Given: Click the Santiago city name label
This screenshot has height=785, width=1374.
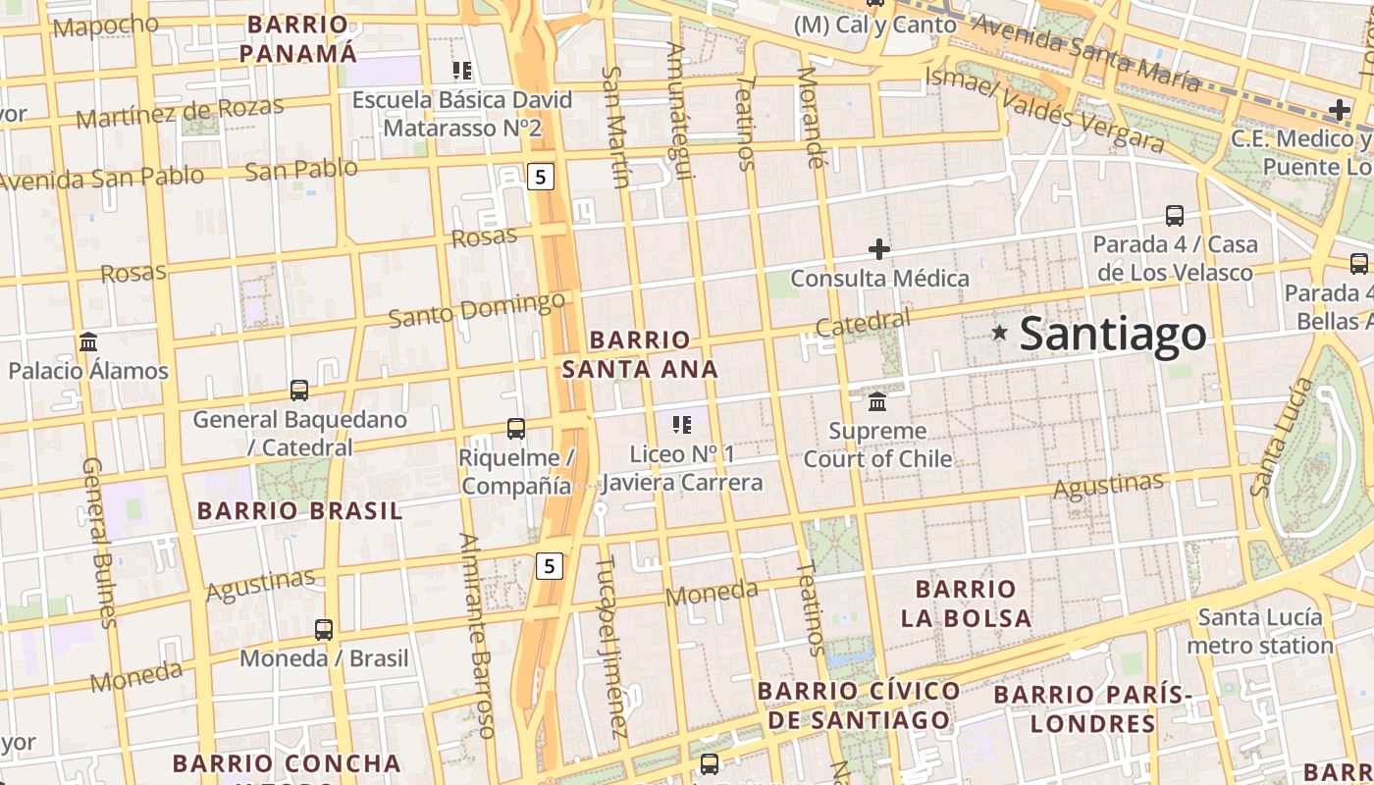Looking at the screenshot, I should [x=1113, y=335].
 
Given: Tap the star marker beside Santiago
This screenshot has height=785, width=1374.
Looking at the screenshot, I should [x=1000, y=333].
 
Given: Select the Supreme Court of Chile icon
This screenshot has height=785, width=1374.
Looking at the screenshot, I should [x=877, y=401].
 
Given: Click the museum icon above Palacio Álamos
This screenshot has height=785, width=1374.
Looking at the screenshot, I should [x=88, y=341].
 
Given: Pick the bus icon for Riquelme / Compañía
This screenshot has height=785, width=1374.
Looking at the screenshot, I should [x=515, y=428].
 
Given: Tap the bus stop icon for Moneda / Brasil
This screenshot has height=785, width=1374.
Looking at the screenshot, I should [x=324, y=629].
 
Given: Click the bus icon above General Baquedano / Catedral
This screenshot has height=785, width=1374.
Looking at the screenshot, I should [x=299, y=390].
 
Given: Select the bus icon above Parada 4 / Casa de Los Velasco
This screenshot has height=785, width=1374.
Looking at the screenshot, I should [x=1174, y=215].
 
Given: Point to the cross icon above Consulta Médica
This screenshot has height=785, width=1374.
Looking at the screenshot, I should [x=879, y=249].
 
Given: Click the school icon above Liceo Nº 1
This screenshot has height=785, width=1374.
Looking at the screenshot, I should [x=682, y=425].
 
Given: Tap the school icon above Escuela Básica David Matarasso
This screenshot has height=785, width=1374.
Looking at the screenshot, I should [x=462, y=70].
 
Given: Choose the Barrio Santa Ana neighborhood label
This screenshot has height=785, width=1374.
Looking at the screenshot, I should [x=640, y=354].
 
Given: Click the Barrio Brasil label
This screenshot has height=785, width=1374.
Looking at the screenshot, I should [x=299, y=511].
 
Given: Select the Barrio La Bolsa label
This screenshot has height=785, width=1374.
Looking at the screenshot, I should [x=966, y=603].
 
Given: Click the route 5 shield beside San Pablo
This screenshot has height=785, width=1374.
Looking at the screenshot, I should [x=541, y=177].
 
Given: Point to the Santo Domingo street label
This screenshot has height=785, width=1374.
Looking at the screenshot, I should [x=477, y=310].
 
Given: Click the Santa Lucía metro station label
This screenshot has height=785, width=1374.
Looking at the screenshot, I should [x=1260, y=631].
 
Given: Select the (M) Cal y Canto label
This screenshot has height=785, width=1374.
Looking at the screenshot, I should [x=874, y=26].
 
